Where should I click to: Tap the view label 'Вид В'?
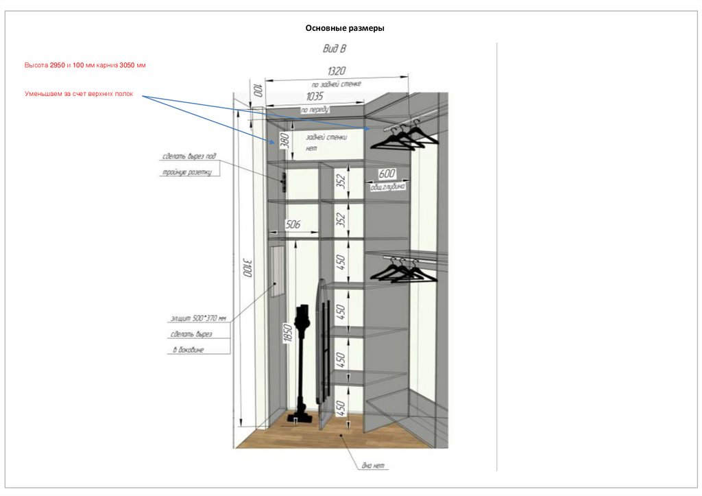click(335, 49)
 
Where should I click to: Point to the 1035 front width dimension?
click(315, 97)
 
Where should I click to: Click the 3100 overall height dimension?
click(248, 267)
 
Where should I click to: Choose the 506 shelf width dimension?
click(293, 224)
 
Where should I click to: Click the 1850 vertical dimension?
click(288, 334)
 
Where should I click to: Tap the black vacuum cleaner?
click(302, 364)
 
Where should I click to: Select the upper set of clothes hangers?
click(404, 134)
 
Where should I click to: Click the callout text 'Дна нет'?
click(374, 466)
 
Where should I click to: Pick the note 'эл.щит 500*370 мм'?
click(197, 318)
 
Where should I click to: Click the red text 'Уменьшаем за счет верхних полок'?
click(79, 93)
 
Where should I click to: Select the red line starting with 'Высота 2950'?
click(86, 64)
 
